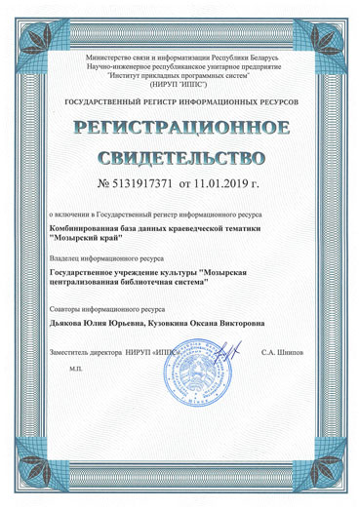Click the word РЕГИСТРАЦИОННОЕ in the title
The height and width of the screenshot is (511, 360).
(x=180, y=128)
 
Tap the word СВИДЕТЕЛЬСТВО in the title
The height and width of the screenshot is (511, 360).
(x=180, y=156)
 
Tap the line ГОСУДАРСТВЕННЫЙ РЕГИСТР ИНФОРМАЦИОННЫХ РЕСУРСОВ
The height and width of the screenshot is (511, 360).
(x=180, y=101)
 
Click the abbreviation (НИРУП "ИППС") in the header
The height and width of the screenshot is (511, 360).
(x=180, y=82)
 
